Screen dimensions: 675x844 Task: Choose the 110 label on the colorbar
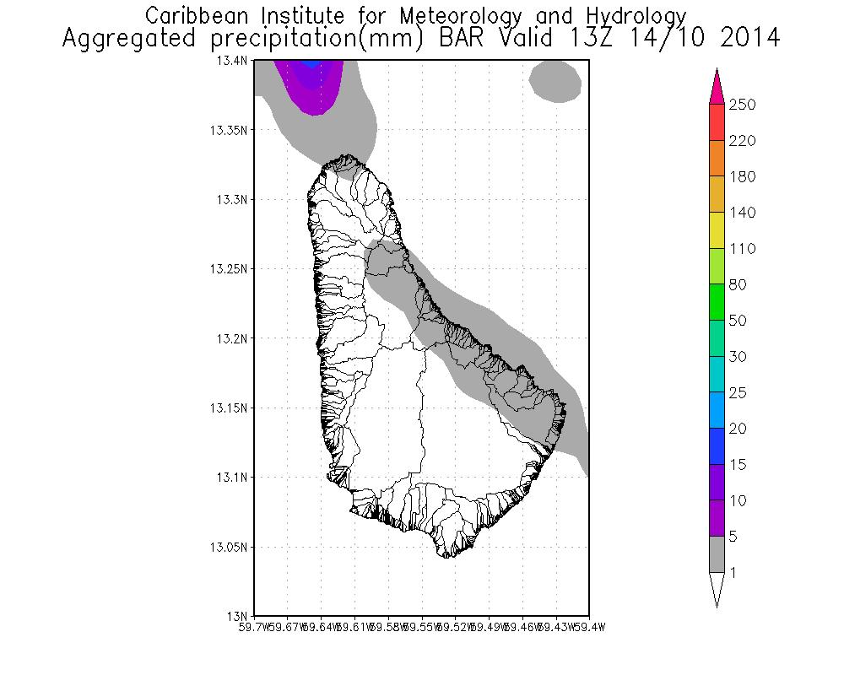click(x=744, y=249)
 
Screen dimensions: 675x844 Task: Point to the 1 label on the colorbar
click(x=734, y=573)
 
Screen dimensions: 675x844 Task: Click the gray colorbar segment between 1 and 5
click(x=717, y=554)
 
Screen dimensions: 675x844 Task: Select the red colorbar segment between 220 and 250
click(x=717, y=122)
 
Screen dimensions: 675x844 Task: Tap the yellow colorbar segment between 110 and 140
click(x=717, y=230)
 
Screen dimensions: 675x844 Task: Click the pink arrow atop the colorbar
click(x=717, y=87)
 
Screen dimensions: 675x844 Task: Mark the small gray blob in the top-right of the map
click(x=555, y=81)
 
